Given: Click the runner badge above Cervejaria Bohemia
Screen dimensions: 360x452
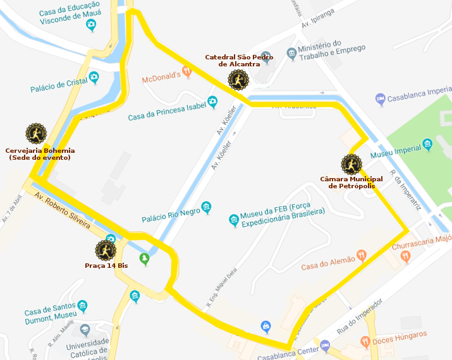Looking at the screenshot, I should click(x=36, y=134).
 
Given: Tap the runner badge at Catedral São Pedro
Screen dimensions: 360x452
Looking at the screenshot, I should click(x=238, y=80).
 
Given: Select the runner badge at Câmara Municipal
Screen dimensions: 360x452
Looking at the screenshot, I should click(x=351, y=165).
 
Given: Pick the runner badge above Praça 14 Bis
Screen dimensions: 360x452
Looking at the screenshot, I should click(x=106, y=251).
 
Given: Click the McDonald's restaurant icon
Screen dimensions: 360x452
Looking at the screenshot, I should click(x=186, y=71).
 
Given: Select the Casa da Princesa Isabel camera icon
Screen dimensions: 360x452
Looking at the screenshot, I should click(x=213, y=102).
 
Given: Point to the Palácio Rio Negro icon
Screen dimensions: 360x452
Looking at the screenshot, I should click(x=206, y=208).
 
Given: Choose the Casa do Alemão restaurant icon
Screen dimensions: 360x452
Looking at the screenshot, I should click(x=361, y=255).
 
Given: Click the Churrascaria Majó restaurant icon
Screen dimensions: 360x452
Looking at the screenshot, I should click(x=405, y=257).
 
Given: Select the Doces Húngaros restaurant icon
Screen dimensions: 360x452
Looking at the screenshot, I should click(x=365, y=342).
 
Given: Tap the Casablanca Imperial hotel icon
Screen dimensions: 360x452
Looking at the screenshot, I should click(x=380, y=99).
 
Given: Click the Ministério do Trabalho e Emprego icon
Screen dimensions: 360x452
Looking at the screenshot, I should click(x=291, y=52).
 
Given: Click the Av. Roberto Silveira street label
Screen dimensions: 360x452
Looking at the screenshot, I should click(x=63, y=210).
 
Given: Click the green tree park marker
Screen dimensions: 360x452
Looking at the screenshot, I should click(x=145, y=258).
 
